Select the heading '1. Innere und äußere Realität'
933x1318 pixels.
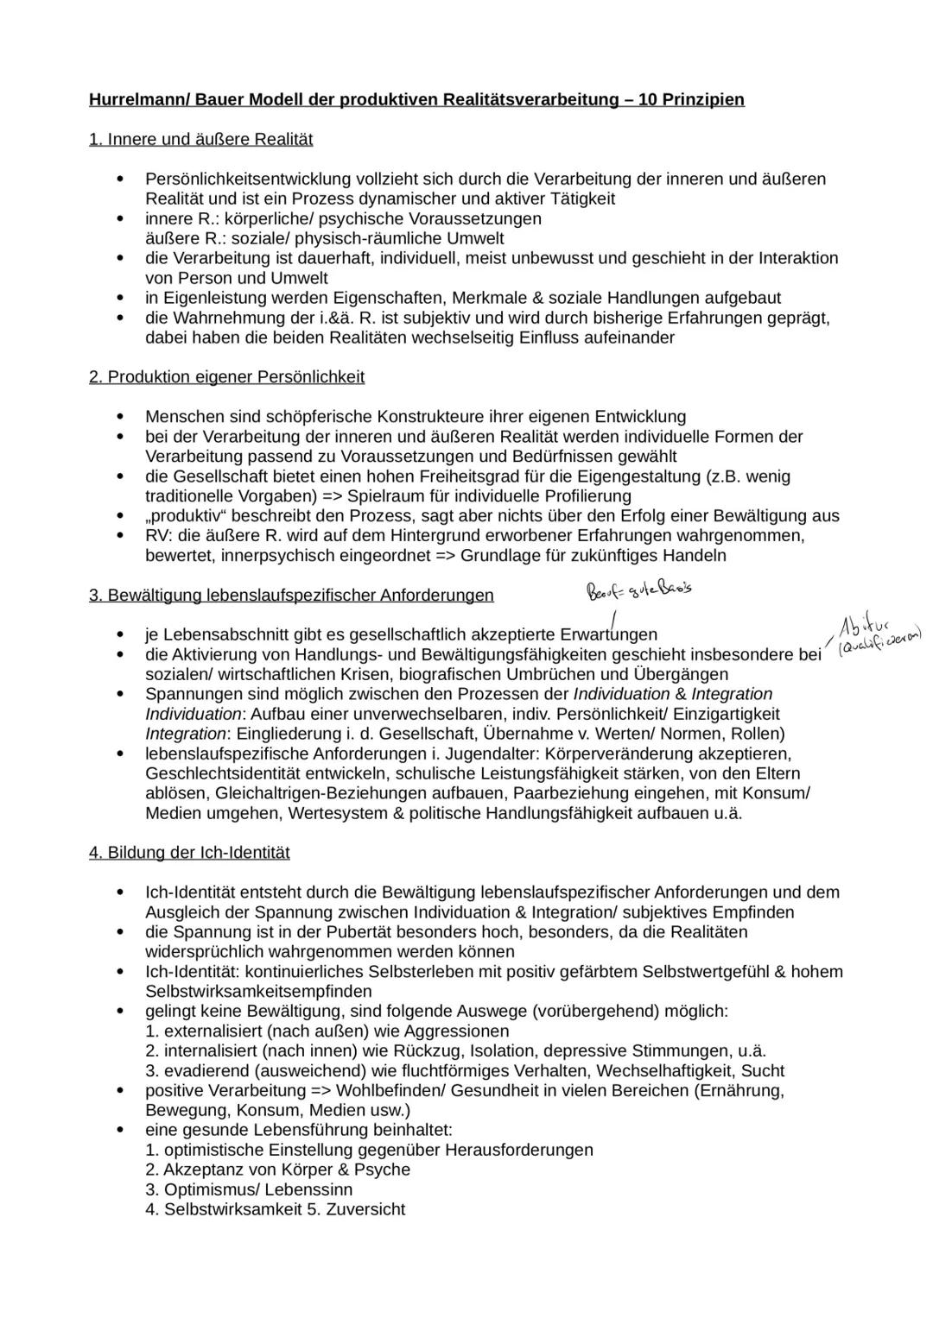tap(200, 139)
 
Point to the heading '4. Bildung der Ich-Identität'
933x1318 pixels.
tap(189, 853)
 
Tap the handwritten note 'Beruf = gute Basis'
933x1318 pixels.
tap(639, 590)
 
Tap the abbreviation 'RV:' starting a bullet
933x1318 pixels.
tap(161, 536)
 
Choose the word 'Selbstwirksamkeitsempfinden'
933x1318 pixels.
tap(257, 992)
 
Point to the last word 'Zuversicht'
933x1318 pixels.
tap(365, 1210)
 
